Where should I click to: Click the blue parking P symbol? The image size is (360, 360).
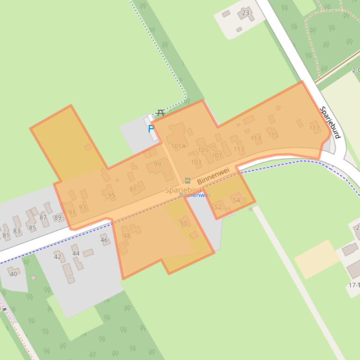click(151, 129)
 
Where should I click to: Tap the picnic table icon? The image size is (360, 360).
click(161, 113)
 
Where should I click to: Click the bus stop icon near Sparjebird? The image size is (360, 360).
click(187, 180)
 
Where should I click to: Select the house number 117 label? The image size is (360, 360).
click(315, 128)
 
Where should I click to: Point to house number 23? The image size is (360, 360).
click(245, 13)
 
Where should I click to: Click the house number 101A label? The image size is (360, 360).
click(178, 146)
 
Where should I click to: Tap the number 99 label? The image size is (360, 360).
click(157, 164)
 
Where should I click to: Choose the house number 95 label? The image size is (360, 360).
click(111, 195)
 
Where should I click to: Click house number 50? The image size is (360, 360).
click(183, 223)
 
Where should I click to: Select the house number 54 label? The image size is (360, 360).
click(236, 200)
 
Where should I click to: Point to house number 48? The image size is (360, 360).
click(127, 236)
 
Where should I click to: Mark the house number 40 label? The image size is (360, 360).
click(13, 274)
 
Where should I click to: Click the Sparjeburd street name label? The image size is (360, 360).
click(330, 122)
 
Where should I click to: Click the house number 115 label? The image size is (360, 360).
click(273, 135)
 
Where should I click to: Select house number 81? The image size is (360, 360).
click(6, 235)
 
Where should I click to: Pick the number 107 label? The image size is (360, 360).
click(217, 155)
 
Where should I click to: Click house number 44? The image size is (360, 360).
click(76, 253)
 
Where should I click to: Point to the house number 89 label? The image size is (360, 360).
click(58, 217)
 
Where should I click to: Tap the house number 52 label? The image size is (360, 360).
click(218, 207)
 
